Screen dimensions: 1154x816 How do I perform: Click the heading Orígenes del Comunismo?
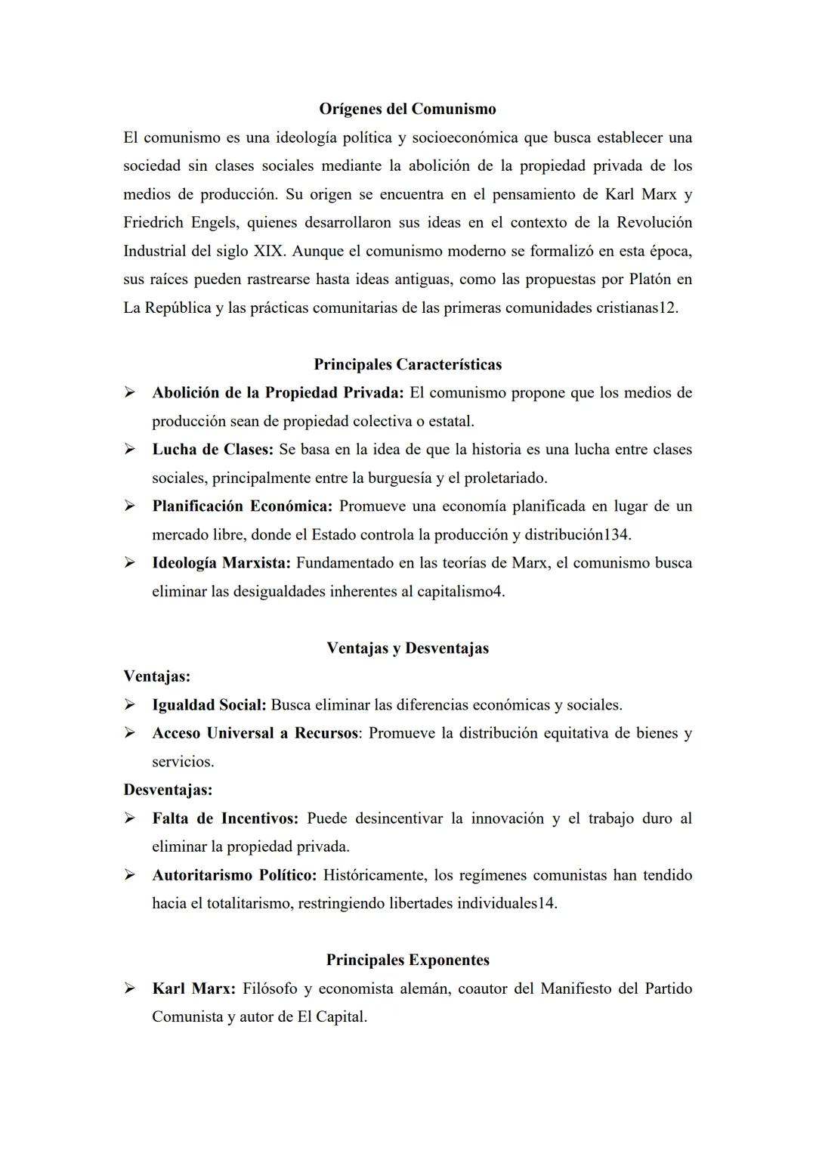407,109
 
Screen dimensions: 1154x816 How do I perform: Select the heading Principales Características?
407,364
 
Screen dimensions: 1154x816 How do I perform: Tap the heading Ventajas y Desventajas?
407,648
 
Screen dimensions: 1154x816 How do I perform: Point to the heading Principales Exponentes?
407,960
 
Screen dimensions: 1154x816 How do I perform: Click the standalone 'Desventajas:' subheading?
168,790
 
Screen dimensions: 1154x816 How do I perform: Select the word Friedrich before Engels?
156,223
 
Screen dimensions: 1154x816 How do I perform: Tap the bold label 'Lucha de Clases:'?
212,450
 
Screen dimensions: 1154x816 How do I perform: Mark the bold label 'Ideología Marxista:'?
221,563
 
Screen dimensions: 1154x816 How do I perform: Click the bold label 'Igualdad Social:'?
209,705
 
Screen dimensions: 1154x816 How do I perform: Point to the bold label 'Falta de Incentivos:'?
225,818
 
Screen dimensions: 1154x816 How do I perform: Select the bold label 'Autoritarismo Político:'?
234,875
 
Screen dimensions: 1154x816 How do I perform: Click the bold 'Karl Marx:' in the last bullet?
194,988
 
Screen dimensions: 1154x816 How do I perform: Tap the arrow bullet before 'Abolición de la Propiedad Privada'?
130,393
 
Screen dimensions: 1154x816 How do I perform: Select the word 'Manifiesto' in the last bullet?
575,988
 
